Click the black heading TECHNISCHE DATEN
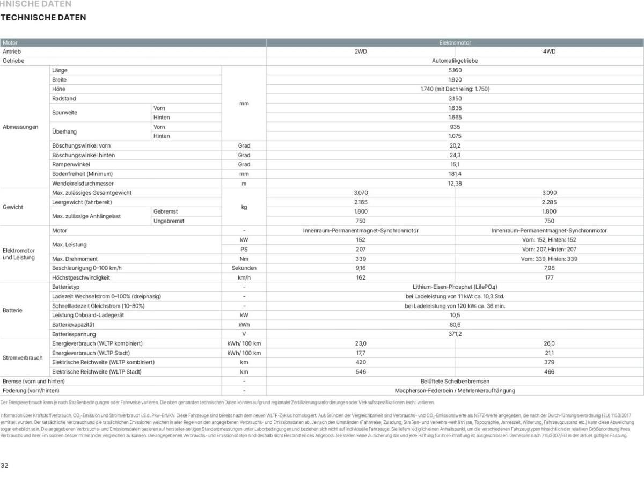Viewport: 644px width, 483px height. tap(43, 18)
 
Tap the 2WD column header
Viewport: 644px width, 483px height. tap(361, 52)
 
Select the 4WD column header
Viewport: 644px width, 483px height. tap(549, 52)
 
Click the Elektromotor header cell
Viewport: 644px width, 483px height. tap(455, 42)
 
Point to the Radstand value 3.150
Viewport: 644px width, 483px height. tap(455, 99)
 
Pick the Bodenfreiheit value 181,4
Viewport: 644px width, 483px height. tap(455, 174)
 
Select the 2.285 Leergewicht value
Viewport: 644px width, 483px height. tap(549, 202)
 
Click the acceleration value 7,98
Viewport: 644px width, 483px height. tap(549, 268)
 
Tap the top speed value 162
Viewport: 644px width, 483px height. tap(361, 278)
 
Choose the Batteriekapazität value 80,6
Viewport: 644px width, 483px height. tap(455, 325)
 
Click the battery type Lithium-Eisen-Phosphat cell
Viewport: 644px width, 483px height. tap(455, 287)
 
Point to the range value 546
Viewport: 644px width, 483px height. tap(361, 372)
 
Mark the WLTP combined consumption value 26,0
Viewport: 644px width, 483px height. tap(549, 343)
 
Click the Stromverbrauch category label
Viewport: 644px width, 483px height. tap(23, 358)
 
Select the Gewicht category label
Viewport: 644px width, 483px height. tap(13, 207)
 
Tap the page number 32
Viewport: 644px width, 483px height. tap(4, 465)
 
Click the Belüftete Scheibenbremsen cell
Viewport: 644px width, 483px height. tap(455, 381)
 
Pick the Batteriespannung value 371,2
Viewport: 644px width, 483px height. tap(455, 334)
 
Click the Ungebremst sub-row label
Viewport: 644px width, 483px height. tap(169, 221)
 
